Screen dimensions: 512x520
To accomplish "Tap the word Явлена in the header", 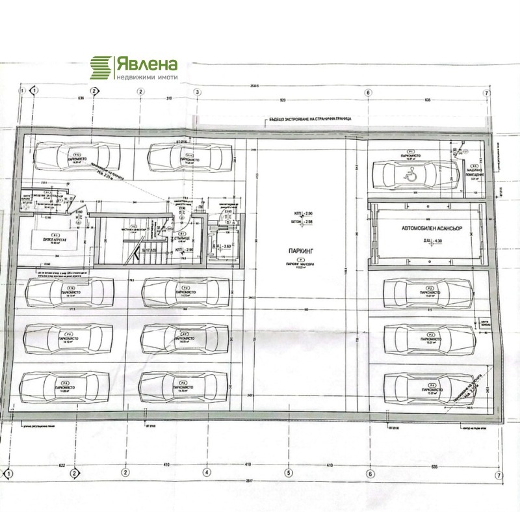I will tap(146, 64).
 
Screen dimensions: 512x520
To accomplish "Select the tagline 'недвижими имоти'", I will tap(146, 77).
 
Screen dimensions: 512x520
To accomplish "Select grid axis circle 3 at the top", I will tap(196, 92).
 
